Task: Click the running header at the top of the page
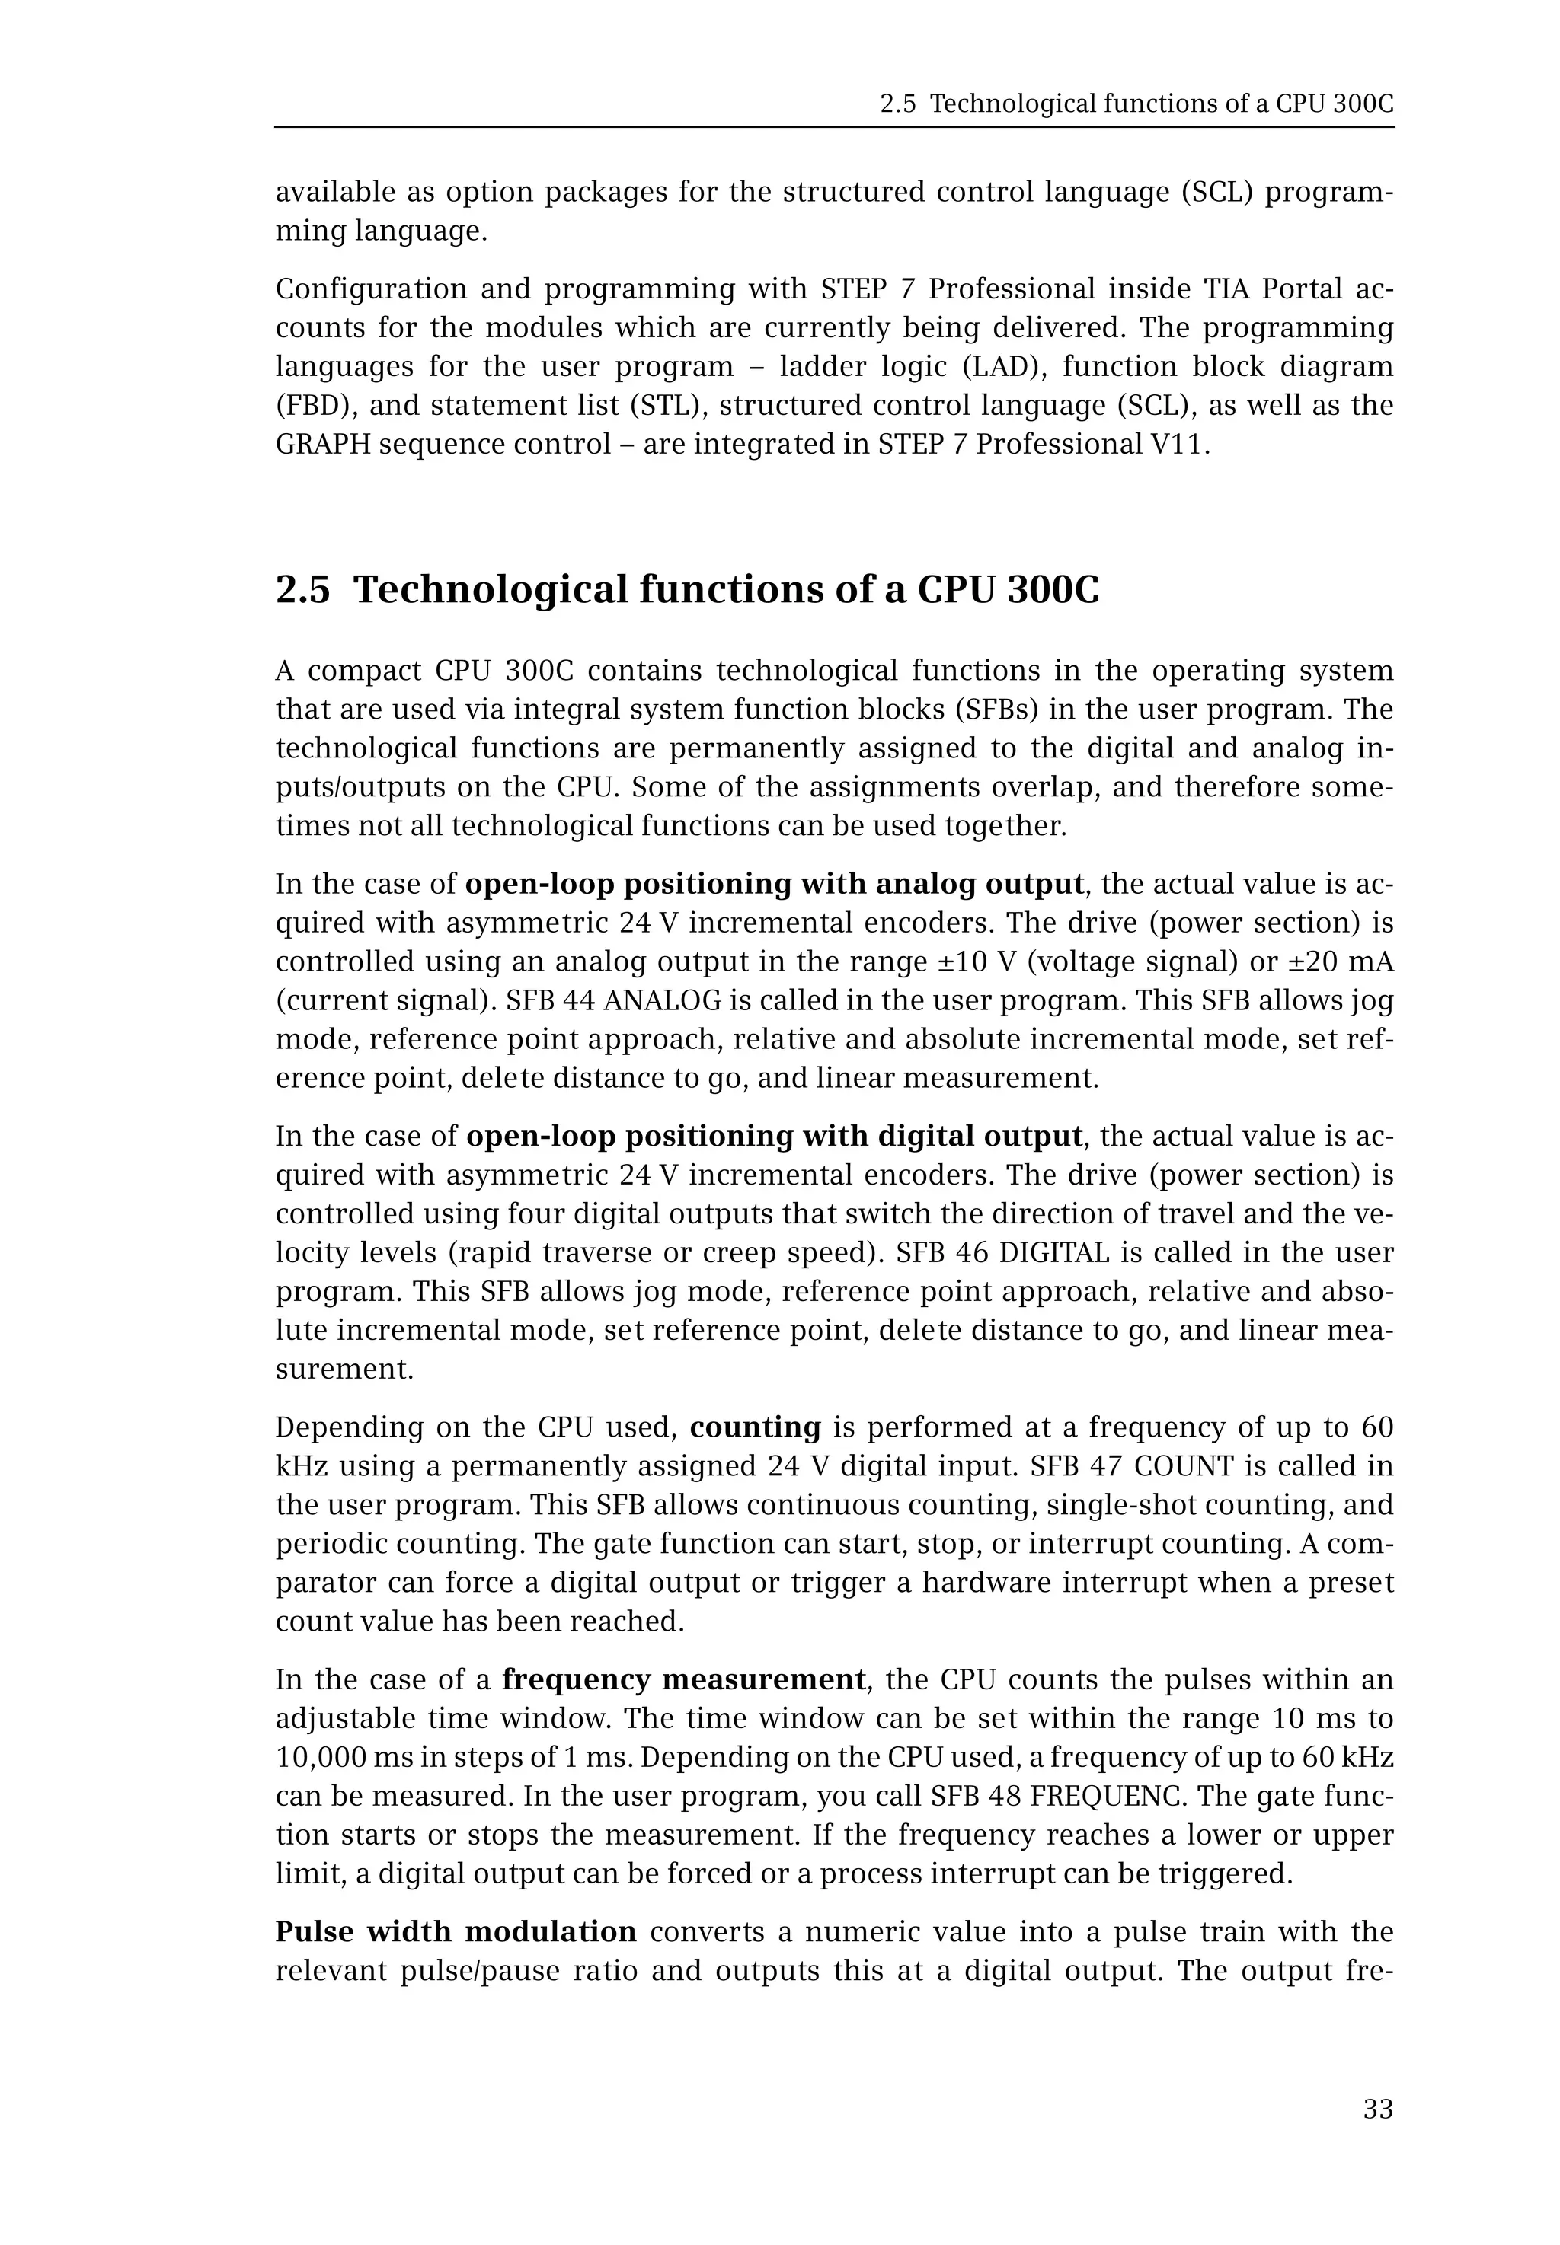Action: (x=1136, y=104)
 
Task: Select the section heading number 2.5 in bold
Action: (x=303, y=590)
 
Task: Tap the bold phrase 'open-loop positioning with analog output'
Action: (x=774, y=884)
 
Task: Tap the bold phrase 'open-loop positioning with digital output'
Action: (x=774, y=1136)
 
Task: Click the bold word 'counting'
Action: (x=755, y=1427)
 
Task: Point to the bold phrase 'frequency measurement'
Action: (x=683, y=1679)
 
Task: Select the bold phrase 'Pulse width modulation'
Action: (x=456, y=1931)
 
